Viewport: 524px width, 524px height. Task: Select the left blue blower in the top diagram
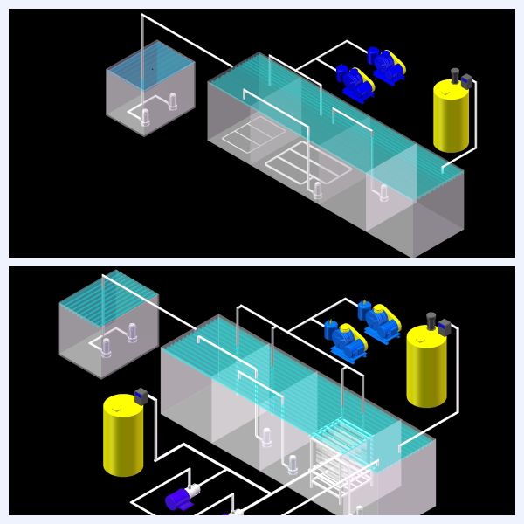[x=355, y=81]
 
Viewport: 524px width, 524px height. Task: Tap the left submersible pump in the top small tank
[x=146, y=114]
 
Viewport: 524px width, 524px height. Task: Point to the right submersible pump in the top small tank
[x=172, y=101]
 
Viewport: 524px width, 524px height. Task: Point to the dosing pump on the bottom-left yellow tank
[x=138, y=396]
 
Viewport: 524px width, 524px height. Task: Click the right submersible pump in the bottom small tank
[x=133, y=333]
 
